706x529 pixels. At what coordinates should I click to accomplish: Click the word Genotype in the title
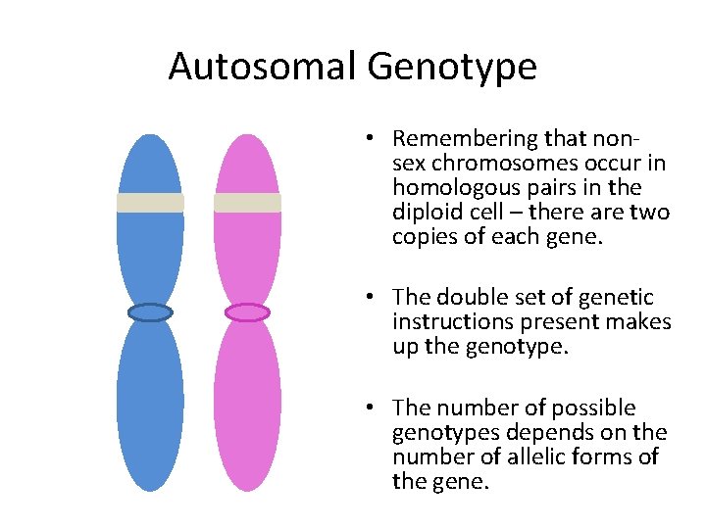452,68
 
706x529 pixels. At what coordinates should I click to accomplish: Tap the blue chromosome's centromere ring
150,313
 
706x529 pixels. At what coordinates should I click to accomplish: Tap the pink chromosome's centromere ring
247,313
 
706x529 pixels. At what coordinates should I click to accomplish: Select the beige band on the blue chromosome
150,203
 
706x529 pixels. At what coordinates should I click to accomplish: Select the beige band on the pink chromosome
247,203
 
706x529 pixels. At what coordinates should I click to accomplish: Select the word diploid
426,212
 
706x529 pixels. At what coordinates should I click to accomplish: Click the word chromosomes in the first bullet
490,164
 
